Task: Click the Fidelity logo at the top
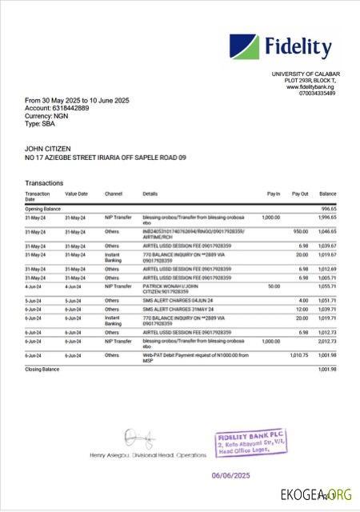[x=280, y=50]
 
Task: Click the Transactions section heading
[x=44, y=183]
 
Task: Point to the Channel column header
[x=114, y=194]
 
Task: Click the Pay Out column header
[x=300, y=194]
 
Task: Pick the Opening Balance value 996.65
[x=328, y=208]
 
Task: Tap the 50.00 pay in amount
[x=274, y=285]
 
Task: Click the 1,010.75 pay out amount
[x=298, y=354]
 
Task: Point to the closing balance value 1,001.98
[x=327, y=370]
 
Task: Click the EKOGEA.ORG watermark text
[x=315, y=495]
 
